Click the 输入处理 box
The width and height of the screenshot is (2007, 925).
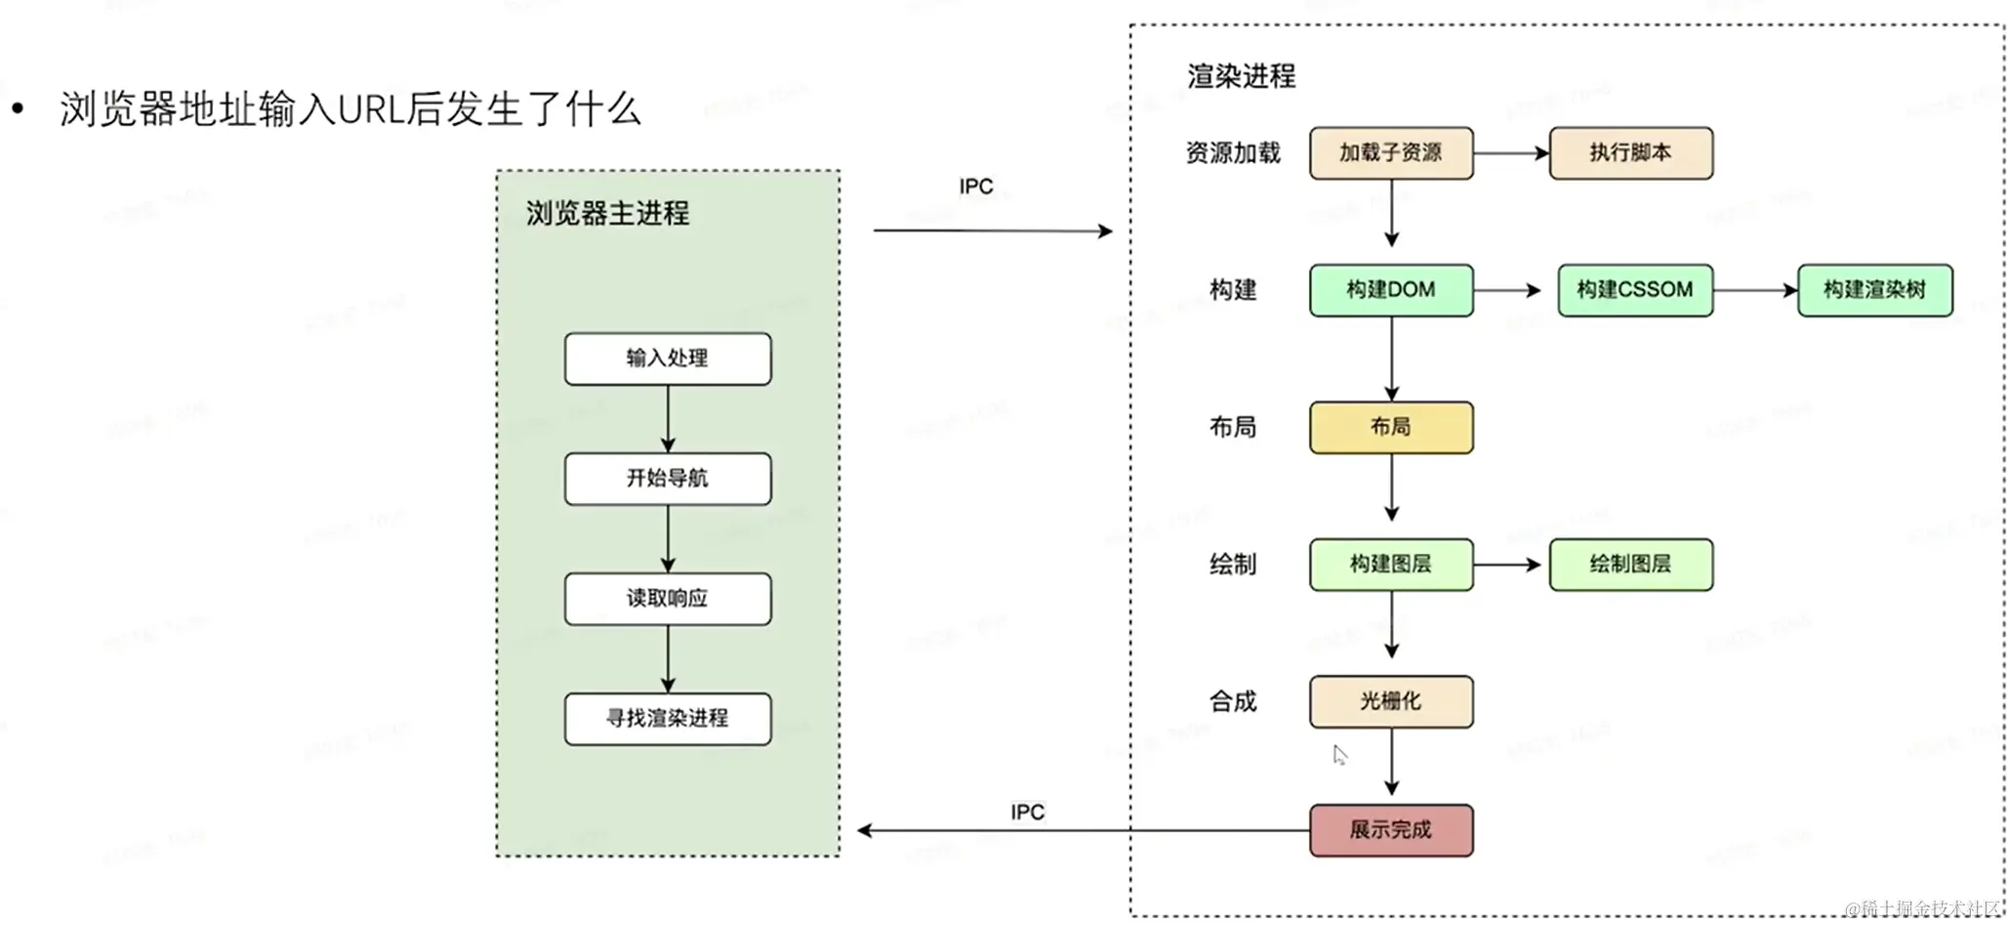(667, 358)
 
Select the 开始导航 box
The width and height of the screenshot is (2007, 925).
(667, 479)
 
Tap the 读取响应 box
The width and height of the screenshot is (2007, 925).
(667, 599)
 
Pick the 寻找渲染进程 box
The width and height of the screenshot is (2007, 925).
(667, 719)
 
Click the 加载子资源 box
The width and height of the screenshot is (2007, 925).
(1390, 153)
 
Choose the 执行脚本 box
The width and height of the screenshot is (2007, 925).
(1630, 153)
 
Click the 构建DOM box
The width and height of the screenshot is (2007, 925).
(1390, 290)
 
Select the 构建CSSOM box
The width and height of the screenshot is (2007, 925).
(1634, 290)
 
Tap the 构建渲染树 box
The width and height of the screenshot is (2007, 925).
(1874, 290)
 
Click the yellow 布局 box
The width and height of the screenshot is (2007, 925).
(1390, 428)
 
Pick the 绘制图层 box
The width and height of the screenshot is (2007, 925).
(1630, 565)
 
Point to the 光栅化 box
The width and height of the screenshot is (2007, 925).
(1390, 701)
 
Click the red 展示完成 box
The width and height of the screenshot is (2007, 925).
(1390, 830)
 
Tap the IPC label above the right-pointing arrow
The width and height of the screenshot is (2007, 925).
(975, 187)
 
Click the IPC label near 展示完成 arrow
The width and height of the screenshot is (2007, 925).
(1027, 812)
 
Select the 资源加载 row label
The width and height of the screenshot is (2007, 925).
(1232, 153)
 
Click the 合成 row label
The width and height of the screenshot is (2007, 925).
(1232, 701)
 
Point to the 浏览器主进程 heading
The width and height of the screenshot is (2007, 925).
(607, 214)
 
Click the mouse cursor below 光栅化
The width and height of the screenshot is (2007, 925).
(1339, 754)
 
